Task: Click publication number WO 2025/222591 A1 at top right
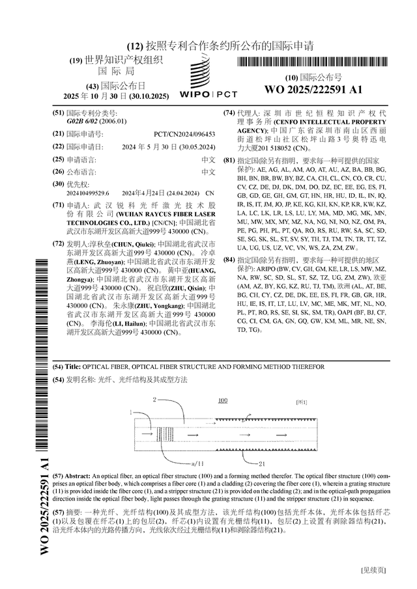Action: coord(313,89)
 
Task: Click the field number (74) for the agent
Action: coord(229,113)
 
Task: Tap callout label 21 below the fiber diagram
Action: coord(261,464)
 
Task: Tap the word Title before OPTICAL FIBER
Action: coord(73,367)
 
